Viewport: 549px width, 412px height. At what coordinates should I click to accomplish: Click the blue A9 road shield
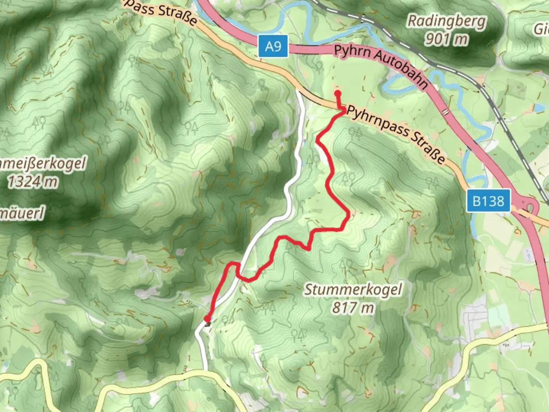pos(273,46)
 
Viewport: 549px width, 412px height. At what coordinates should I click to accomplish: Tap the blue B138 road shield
pos(488,201)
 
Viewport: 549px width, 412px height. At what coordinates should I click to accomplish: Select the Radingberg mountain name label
pos(446,21)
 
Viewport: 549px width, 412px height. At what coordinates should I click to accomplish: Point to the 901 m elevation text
pos(446,39)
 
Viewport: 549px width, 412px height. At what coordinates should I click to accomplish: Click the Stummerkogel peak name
pos(353,290)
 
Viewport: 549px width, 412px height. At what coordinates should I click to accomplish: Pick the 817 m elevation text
pos(353,307)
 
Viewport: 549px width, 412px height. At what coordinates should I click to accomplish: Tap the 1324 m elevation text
pos(33,182)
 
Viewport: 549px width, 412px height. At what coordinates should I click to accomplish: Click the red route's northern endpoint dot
pos(337,93)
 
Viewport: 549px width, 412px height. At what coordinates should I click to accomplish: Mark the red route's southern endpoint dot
pos(207,319)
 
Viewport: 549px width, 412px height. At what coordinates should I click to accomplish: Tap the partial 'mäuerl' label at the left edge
pos(22,213)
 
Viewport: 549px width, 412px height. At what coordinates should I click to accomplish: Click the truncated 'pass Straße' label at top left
pos(160,12)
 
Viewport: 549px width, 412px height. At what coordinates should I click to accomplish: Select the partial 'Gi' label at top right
pos(541,29)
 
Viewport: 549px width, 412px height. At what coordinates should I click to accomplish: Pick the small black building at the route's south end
pos(208,324)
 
